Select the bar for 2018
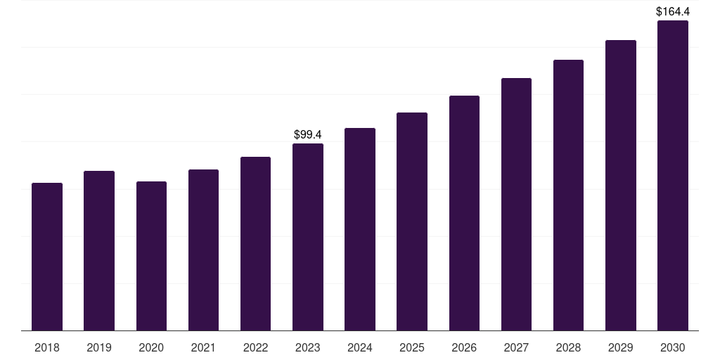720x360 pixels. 47,257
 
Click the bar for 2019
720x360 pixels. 99,251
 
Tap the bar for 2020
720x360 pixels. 152,256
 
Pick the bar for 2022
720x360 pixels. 255,244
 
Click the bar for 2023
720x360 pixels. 308,237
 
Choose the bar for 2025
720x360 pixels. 412,221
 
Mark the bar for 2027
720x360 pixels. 516,205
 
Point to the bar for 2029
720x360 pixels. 621,186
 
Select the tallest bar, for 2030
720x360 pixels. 673,175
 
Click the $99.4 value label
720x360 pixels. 308,134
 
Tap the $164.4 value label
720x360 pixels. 673,11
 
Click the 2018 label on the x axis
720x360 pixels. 47,347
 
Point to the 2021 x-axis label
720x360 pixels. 203,347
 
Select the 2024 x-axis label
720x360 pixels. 360,347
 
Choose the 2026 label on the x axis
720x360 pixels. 464,347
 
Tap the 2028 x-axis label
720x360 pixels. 568,347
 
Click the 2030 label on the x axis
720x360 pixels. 673,347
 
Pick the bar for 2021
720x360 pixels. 203,250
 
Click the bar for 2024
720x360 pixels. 360,229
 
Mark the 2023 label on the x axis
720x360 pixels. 308,347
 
